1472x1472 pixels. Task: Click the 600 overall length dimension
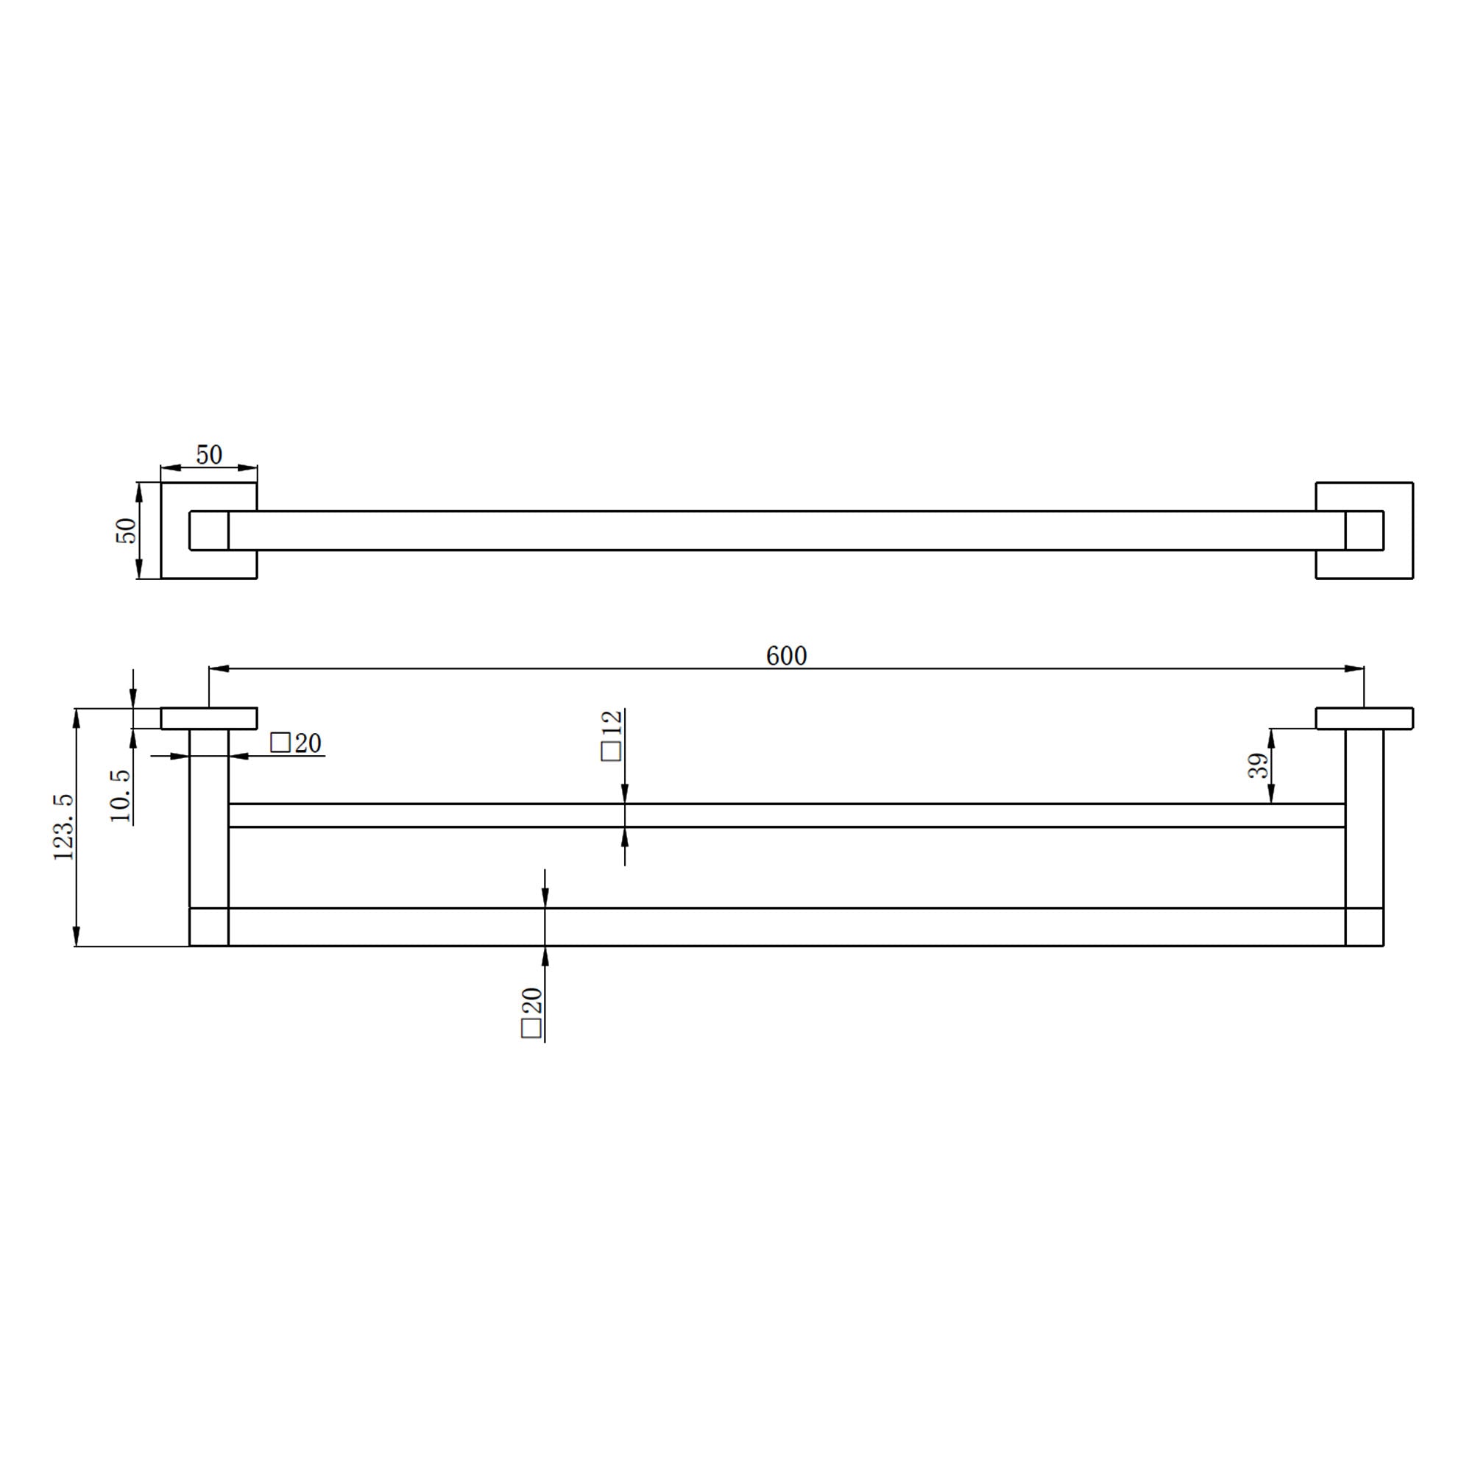pos(785,655)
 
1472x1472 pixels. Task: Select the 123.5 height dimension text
pos(64,827)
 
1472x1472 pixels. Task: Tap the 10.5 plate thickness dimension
pos(121,796)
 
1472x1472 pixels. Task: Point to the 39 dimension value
pos(1258,765)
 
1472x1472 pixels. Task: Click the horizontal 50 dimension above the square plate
pos(209,455)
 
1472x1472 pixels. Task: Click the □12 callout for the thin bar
pos(612,735)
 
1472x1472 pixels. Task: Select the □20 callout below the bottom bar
pos(531,1013)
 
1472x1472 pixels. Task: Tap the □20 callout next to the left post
pos(296,743)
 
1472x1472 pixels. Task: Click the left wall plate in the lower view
pos(209,718)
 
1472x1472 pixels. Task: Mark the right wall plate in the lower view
pos(1364,718)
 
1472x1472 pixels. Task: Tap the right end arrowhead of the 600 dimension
pos(1354,669)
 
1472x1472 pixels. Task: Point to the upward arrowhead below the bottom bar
pos(545,955)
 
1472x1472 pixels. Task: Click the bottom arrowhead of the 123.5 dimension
pos(77,936)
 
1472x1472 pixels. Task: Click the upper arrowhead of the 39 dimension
pos(1271,738)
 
